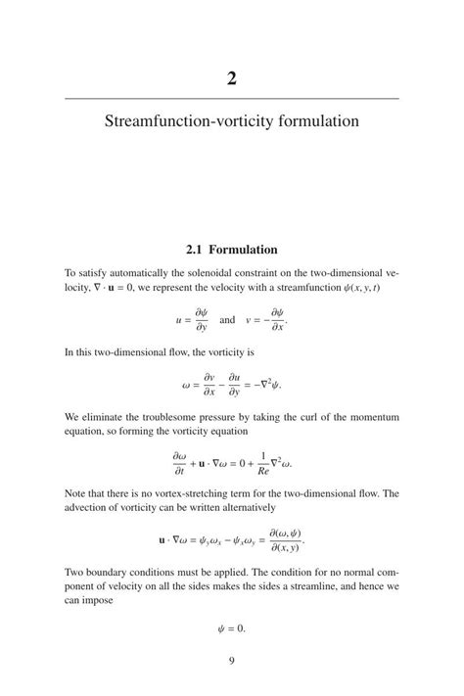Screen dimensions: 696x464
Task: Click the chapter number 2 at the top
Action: click(232, 78)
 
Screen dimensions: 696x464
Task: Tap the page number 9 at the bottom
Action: click(232, 661)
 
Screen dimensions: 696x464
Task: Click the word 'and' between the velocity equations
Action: click(227, 320)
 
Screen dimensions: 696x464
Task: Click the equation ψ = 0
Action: click(231, 627)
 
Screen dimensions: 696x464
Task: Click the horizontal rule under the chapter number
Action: click(232, 99)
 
